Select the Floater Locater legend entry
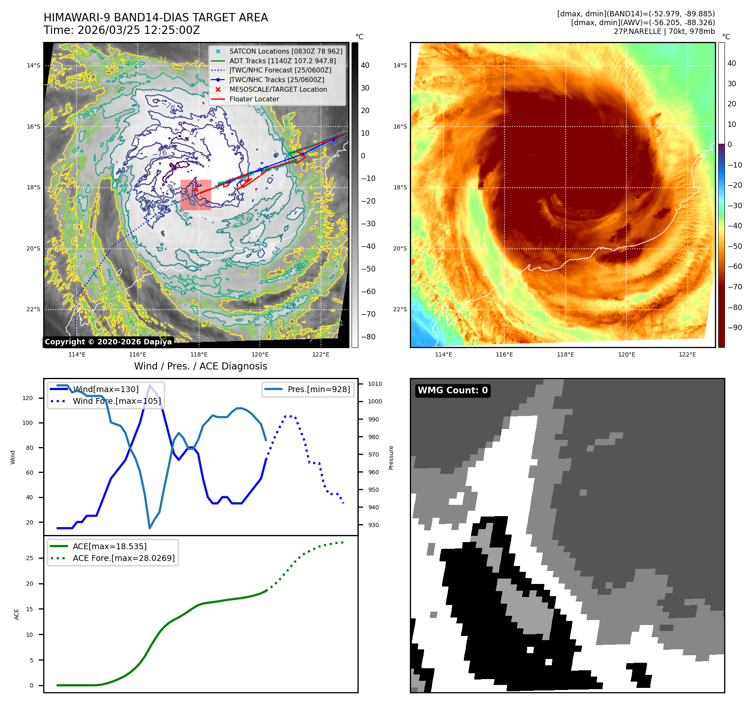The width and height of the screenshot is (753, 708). coord(254,99)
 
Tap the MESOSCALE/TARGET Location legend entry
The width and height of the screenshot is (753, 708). coord(278,90)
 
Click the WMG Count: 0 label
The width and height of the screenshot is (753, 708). coord(453,390)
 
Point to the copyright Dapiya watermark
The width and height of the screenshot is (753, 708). coord(108,342)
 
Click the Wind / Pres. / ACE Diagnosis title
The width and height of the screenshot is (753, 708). coord(200,366)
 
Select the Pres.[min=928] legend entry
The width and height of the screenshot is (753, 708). coord(318,389)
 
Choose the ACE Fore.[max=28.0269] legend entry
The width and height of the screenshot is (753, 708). coord(124,558)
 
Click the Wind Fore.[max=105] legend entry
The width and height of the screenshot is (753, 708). coord(116,401)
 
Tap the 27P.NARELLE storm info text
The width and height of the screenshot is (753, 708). coord(664,31)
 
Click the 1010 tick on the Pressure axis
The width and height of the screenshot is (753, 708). coord(375,384)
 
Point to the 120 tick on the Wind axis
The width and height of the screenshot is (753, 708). coord(28,398)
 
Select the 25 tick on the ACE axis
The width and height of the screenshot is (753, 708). coord(29,558)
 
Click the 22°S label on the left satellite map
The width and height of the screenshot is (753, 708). coord(34,310)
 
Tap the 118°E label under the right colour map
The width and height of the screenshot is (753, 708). coord(565,354)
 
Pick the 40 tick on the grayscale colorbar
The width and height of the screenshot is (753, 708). coord(365,65)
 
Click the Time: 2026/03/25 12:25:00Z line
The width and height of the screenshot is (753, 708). coord(122,30)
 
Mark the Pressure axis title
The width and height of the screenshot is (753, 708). coord(391,457)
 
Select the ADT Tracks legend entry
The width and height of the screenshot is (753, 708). coord(282,61)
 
